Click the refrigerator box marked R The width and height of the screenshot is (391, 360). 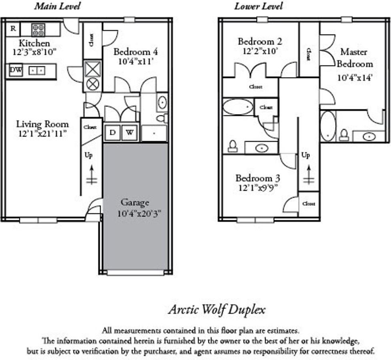pos(13,29)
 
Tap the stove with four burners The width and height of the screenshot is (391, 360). pos(38,30)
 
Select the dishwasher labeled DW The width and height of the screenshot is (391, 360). pos(16,71)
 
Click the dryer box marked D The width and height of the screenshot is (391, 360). pos(112,133)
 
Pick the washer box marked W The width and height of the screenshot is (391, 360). pos(129,133)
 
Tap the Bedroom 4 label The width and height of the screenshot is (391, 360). pos(135,52)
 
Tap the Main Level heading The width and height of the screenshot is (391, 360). pos(57,6)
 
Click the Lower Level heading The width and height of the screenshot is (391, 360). pos(258,6)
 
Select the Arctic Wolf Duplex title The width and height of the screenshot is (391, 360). pos(217,310)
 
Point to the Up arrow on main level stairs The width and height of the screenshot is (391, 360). pos(92,174)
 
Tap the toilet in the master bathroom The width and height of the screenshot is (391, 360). pos(344,135)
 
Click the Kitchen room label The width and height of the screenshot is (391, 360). pos(35,43)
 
